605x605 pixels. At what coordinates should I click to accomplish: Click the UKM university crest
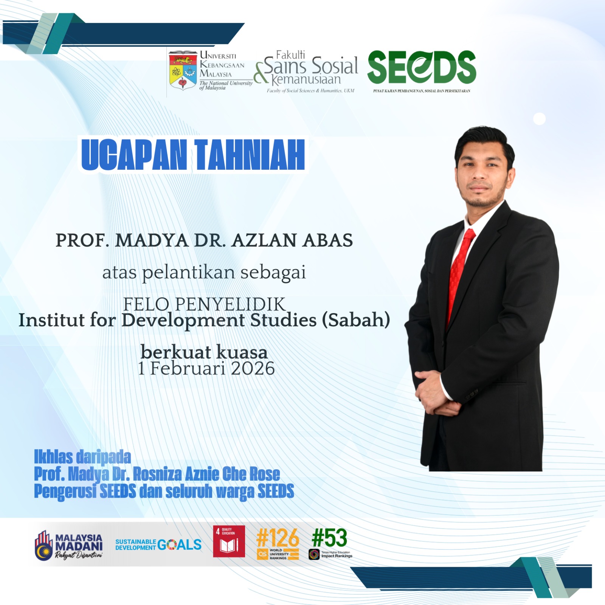[x=183, y=70]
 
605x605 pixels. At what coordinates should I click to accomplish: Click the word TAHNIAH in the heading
[x=250, y=155]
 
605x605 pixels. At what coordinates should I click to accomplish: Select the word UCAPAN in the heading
[x=134, y=155]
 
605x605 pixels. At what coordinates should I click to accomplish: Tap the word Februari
[x=188, y=369]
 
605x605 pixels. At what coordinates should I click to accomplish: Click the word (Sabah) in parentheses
[x=356, y=320]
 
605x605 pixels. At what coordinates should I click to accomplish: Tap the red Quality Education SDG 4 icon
[x=229, y=541]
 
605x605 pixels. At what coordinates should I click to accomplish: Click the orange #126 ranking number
[x=278, y=538]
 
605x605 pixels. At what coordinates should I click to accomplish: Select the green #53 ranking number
[x=329, y=538]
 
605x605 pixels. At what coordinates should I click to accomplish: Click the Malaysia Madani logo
[x=68, y=545]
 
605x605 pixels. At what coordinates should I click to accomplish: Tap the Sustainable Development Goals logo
[x=158, y=544]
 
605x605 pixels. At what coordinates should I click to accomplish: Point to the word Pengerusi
[x=65, y=492]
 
